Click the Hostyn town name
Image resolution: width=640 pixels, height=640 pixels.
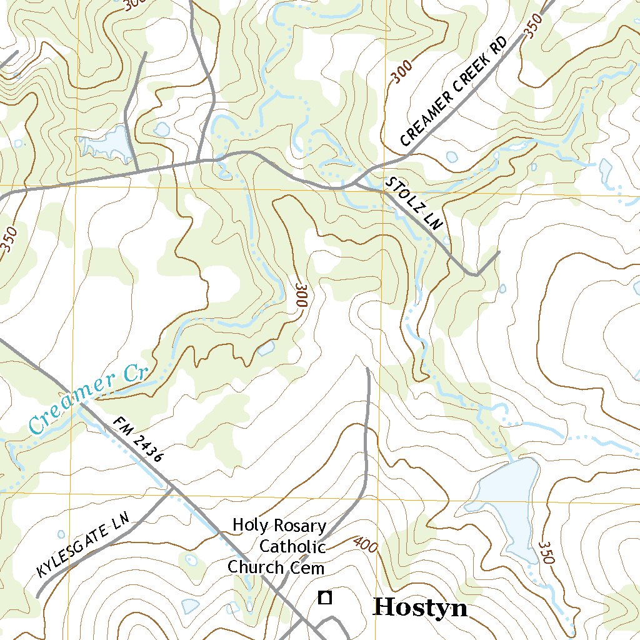[419, 607]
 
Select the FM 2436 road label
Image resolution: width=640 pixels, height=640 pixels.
[138, 439]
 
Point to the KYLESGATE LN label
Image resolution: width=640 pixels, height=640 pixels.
[82, 544]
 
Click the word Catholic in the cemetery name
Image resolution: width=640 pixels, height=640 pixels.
[292, 546]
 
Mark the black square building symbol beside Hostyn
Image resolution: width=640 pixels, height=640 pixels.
[324, 597]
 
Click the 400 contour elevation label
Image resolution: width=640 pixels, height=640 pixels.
[365, 545]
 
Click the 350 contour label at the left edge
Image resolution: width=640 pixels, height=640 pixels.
[9, 239]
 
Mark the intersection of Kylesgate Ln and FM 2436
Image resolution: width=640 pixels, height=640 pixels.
[171, 488]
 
